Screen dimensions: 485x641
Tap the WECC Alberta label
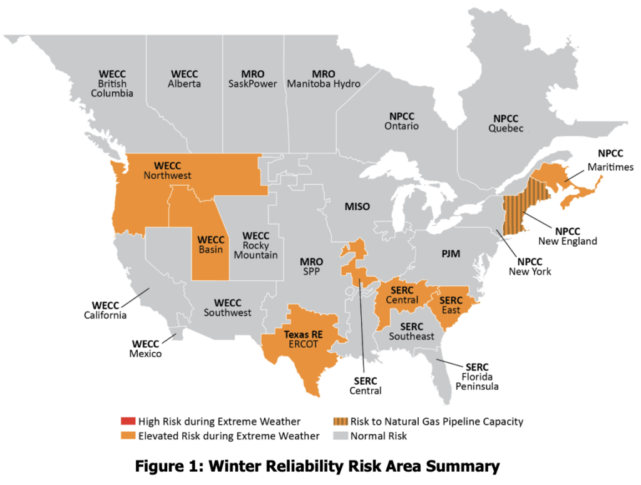point(185,79)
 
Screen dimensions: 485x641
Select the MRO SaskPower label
point(252,79)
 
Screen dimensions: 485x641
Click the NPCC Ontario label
point(401,121)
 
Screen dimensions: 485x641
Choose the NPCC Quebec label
point(507,123)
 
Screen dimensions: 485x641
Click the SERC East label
point(451,305)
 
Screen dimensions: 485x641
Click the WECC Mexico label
point(145,349)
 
